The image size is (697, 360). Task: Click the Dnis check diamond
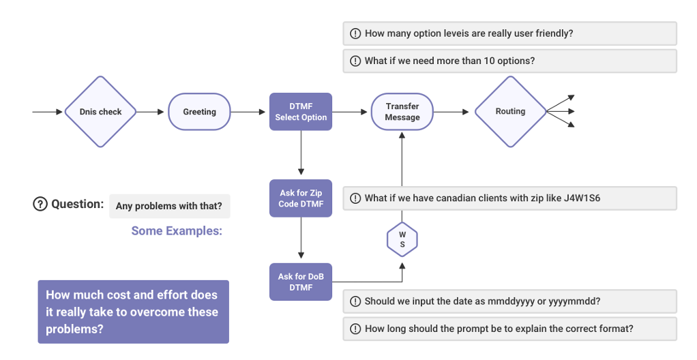(x=100, y=112)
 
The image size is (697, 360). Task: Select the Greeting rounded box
(x=199, y=112)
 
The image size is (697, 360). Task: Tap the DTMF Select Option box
(x=301, y=112)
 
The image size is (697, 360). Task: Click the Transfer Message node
(x=402, y=112)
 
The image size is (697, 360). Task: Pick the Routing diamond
(x=510, y=112)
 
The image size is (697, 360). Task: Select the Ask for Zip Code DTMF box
(x=301, y=198)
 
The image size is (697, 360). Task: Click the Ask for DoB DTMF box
(x=301, y=282)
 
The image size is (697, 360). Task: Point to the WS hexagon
(x=402, y=239)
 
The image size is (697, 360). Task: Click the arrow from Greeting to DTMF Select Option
(x=250, y=112)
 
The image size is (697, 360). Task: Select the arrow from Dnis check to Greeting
(x=152, y=112)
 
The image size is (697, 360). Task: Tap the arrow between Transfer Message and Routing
(x=453, y=112)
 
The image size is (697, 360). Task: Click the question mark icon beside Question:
(x=40, y=204)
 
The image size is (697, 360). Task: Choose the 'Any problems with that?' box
(x=169, y=206)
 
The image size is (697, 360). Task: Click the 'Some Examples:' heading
(x=177, y=230)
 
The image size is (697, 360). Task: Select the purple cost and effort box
(x=133, y=312)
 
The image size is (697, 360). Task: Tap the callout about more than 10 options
(x=509, y=61)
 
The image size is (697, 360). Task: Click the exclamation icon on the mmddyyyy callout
(x=355, y=301)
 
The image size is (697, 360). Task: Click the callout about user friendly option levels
(x=509, y=33)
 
